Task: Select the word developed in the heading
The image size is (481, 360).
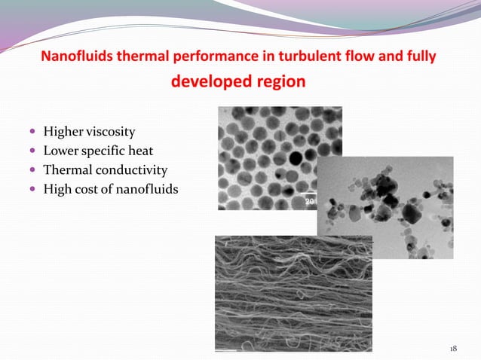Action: pos(208,81)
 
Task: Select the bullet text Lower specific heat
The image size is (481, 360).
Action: pos(98,151)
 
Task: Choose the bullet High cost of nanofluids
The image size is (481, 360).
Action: pos(111,188)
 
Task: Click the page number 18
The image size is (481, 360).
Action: pos(453,349)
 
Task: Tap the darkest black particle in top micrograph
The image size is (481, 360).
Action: pos(296,159)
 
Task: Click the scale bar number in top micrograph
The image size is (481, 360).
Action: pos(309,202)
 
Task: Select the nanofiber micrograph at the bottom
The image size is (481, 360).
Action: pos(294,294)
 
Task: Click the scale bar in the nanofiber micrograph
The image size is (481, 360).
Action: pos(226,349)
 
